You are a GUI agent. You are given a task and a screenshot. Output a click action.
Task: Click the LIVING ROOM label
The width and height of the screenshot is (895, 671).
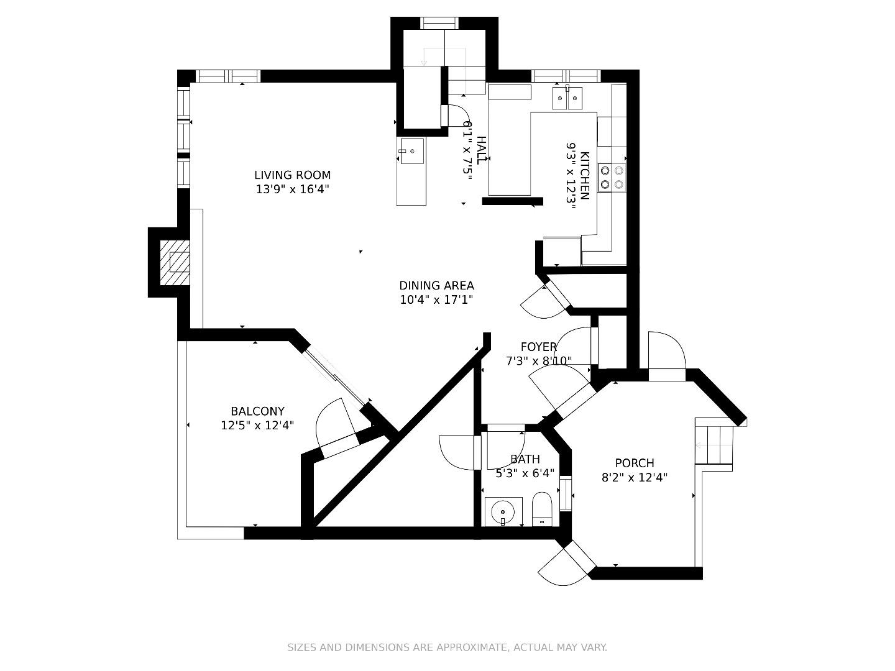tap(292, 175)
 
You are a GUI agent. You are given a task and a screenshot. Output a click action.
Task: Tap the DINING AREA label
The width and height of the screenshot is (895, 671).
tap(436, 286)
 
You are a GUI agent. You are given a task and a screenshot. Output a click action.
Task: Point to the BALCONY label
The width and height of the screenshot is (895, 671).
tap(257, 411)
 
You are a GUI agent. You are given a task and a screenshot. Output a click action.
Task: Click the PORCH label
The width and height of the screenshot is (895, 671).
tap(634, 463)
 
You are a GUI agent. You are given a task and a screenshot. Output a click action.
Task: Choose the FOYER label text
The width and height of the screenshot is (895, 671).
tap(538, 347)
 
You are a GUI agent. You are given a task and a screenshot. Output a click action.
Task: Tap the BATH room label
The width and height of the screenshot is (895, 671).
tap(525, 459)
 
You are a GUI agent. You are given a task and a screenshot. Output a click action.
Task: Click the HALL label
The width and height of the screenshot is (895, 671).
tap(482, 149)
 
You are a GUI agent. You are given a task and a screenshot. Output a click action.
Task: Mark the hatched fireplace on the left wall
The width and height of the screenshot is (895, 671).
tap(175, 262)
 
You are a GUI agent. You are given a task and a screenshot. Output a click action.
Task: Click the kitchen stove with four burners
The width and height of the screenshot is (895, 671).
tap(612, 177)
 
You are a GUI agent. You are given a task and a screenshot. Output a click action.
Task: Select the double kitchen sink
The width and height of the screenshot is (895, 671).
tap(567, 98)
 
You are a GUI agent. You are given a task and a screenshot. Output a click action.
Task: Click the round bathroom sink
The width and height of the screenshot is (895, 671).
tap(502, 513)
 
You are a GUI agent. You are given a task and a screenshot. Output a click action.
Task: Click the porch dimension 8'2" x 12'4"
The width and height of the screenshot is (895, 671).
tap(634, 478)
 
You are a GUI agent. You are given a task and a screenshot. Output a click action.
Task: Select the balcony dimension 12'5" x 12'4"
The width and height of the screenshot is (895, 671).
tap(257, 426)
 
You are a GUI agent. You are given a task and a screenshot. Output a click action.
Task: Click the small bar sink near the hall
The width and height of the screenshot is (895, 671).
tap(411, 151)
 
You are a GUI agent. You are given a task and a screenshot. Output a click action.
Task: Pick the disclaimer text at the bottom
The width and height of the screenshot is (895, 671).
tap(447, 647)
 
